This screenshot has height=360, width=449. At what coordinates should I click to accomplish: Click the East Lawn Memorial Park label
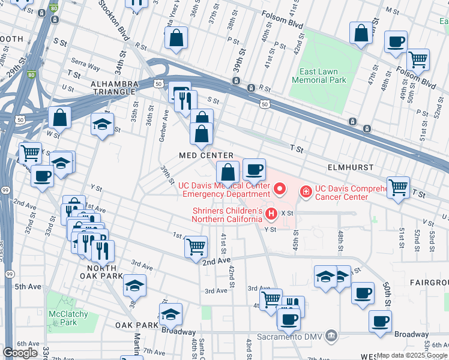[x=323, y=76]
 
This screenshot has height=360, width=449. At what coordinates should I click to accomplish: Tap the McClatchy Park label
[x=69, y=318]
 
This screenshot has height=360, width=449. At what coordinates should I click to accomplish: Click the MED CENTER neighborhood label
[x=206, y=155]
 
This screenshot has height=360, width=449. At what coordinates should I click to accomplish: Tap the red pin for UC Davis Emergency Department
[x=279, y=190]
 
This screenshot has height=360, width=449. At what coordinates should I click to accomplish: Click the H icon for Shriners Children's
[x=271, y=213]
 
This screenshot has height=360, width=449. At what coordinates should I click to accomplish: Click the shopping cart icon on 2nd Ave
[x=196, y=246]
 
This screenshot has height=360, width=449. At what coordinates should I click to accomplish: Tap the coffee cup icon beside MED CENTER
[x=254, y=170]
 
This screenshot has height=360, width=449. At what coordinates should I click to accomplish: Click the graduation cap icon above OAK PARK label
[x=170, y=314]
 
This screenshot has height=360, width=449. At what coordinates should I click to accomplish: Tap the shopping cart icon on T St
[x=399, y=187]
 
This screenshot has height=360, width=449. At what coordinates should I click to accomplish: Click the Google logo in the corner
[x=20, y=352]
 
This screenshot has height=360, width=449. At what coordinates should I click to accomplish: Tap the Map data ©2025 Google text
[x=411, y=355]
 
